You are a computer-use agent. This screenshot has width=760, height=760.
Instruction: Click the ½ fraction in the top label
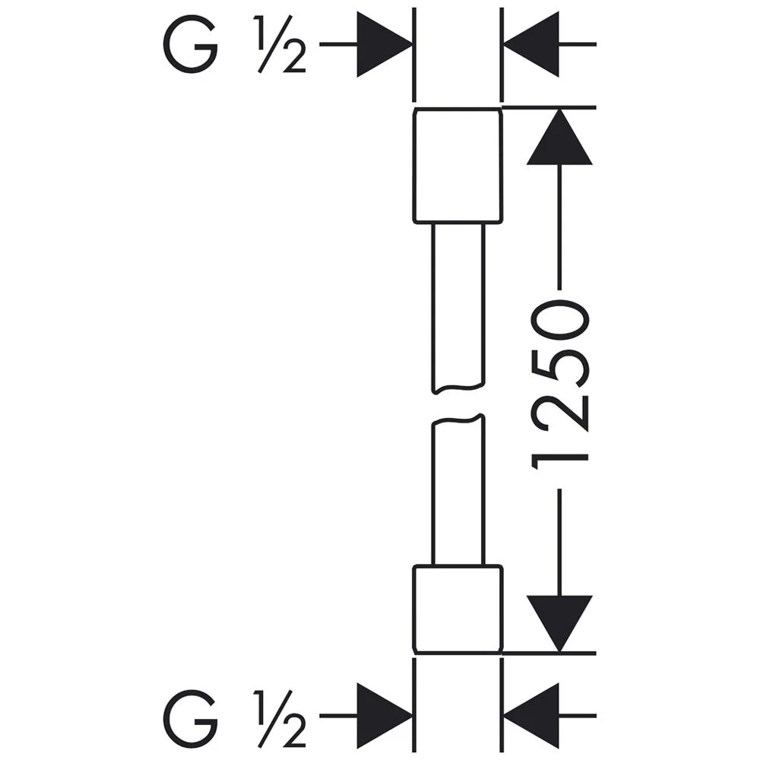click(x=281, y=47)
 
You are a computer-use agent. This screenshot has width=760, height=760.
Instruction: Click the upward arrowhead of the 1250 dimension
click(x=559, y=138)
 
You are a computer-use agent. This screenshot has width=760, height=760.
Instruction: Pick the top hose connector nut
click(x=458, y=166)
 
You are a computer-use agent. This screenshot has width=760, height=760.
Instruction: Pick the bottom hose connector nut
click(x=458, y=608)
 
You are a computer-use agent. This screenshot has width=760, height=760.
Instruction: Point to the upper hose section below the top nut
click(x=458, y=304)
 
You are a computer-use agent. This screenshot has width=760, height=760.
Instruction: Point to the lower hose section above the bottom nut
click(x=458, y=494)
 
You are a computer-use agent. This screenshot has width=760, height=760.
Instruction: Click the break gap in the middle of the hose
click(x=458, y=405)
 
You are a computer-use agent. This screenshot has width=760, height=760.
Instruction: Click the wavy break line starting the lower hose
click(x=458, y=420)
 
